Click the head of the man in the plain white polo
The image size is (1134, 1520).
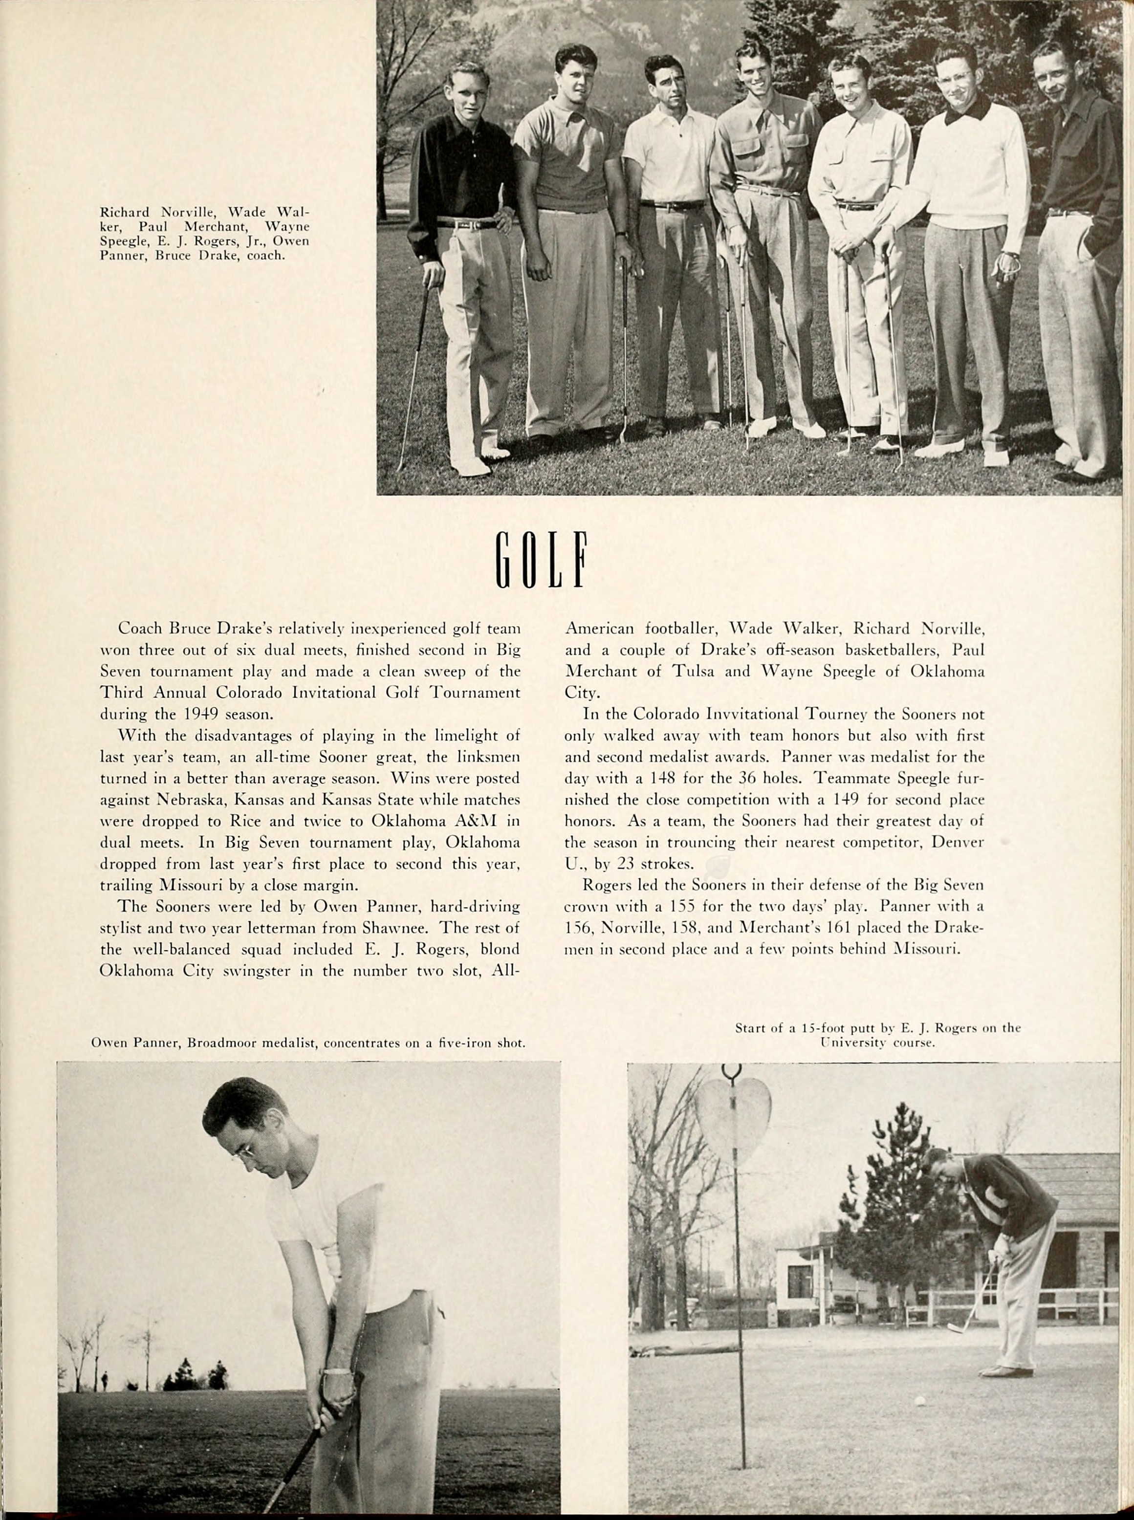coord(664,82)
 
